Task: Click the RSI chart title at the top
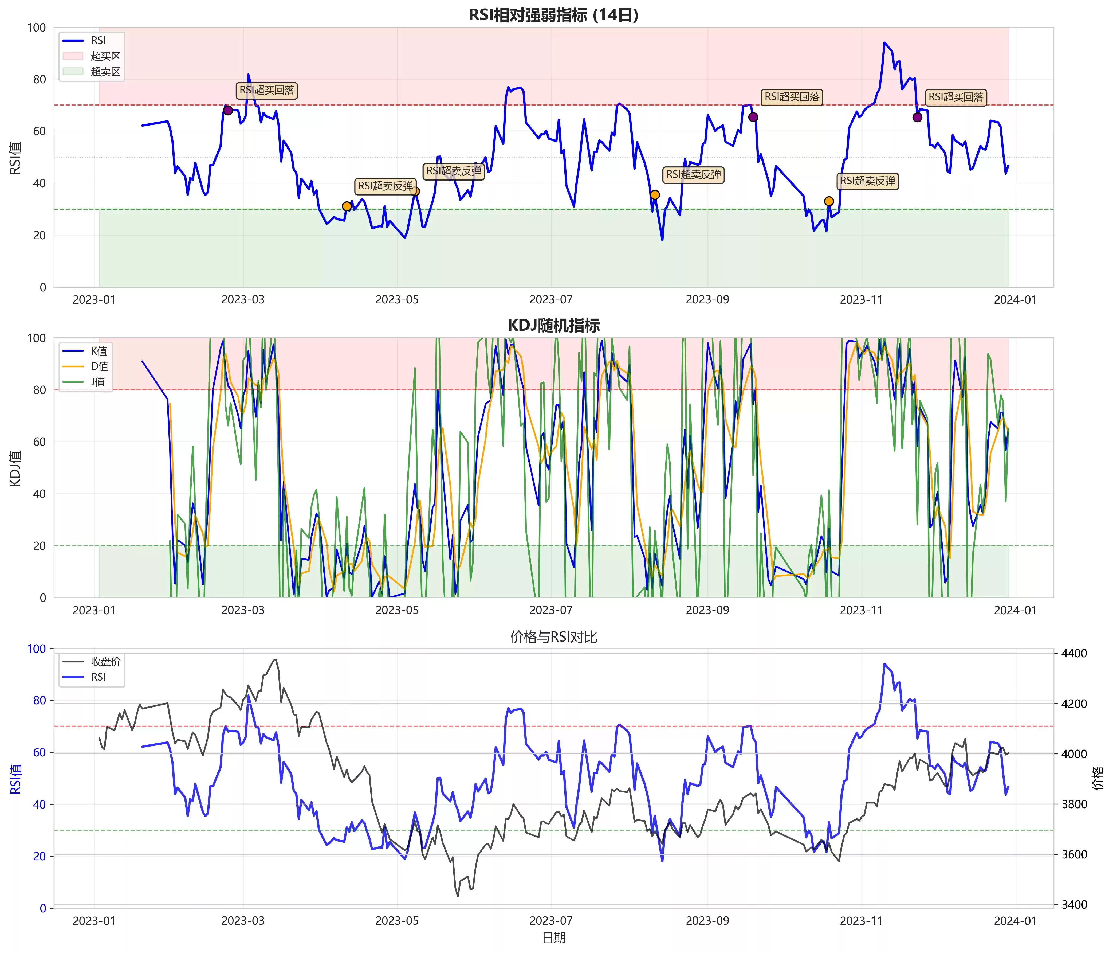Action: pyautogui.click(x=553, y=15)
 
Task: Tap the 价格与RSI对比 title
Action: pyautogui.click(x=553, y=637)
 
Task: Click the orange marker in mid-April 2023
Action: pyautogui.click(x=347, y=206)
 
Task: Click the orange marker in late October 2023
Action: pyautogui.click(x=829, y=201)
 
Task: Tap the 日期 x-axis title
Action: pyautogui.click(x=553, y=938)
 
